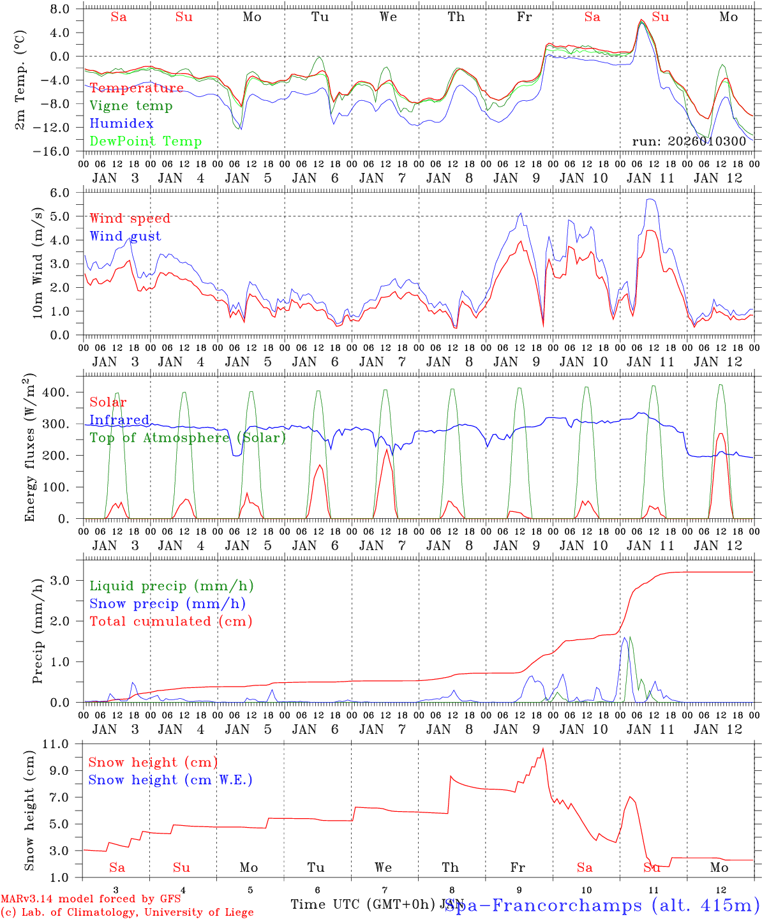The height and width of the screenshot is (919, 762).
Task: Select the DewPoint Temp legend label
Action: (x=146, y=142)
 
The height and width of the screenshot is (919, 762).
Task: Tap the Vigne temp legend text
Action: (x=131, y=106)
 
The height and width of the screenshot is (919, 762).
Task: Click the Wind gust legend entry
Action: (x=125, y=236)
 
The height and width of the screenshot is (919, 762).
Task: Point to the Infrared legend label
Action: (x=119, y=420)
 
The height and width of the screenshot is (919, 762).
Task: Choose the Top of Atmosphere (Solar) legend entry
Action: (x=188, y=438)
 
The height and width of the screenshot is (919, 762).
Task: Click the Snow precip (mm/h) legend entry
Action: (x=167, y=604)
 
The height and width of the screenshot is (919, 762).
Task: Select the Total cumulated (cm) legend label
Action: (x=170, y=622)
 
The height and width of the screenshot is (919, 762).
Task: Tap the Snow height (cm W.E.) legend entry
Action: (x=170, y=780)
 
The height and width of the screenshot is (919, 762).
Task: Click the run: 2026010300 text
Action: (x=689, y=141)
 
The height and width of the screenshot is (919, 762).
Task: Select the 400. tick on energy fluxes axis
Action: (x=56, y=392)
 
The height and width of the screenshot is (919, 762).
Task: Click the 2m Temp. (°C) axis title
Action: (x=20, y=80)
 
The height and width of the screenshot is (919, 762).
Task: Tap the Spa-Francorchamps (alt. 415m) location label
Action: (x=602, y=905)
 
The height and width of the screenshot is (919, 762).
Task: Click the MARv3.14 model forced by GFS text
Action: (x=91, y=899)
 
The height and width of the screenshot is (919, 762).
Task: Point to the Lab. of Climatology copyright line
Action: (x=127, y=913)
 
